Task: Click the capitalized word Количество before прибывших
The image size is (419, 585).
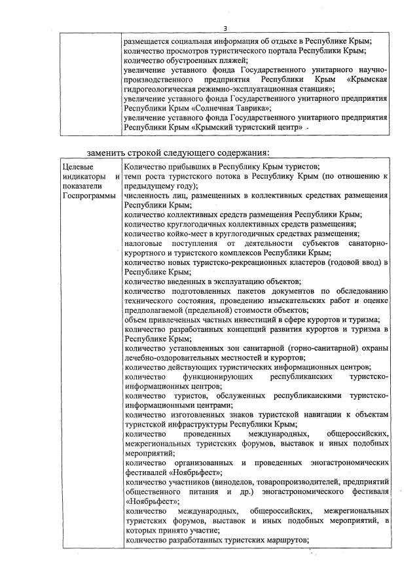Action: point(146,168)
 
